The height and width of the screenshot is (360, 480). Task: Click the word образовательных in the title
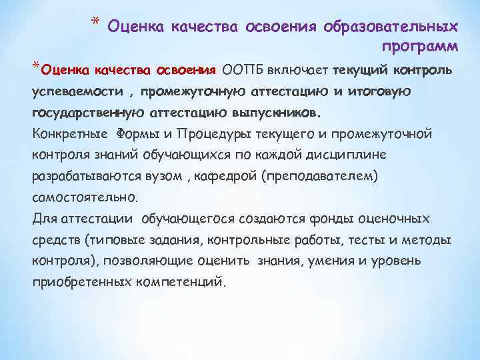[x=391, y=27]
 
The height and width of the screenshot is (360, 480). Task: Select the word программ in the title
[x=420, y=46]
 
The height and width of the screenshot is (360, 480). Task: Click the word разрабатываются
[x=75, y=176]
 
